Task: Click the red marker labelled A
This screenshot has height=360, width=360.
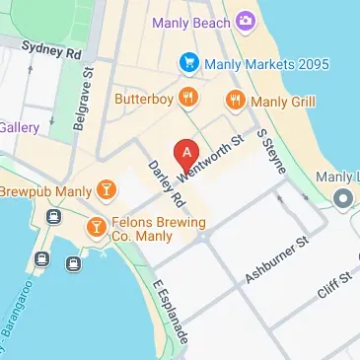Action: [x=183, y=155]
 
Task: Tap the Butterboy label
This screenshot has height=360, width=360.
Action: [x=143, y=98]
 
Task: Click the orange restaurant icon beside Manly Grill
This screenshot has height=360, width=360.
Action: [x=235, y=99]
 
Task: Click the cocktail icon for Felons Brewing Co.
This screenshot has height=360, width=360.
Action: [x=96, y=228]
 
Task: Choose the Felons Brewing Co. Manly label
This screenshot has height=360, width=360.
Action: [x=159, y=230]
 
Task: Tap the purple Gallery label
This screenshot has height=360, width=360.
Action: [x=19, y=127]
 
